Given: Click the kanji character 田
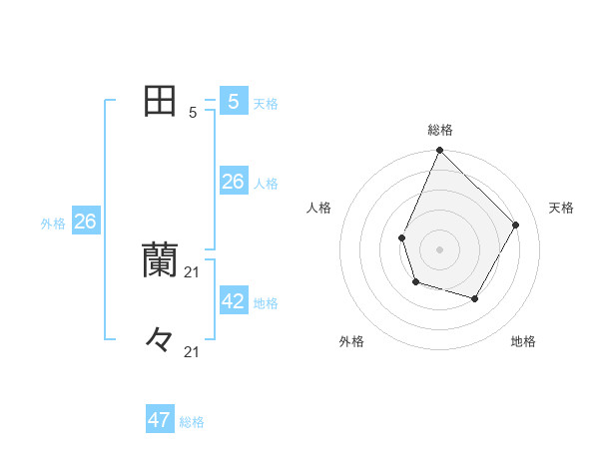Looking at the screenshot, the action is pos(160,101).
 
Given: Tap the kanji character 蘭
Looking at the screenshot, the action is pos(160,259).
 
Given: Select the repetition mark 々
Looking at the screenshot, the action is pos(160,339).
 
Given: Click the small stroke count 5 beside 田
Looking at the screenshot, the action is pos(192,113).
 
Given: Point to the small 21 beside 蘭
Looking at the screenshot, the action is pos(193,271).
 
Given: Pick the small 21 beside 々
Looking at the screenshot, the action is pos(193,351).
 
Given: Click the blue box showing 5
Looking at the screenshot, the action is pos(234,102).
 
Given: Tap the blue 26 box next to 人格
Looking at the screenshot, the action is pos(234,182).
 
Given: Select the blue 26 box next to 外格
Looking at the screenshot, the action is pos(85,222).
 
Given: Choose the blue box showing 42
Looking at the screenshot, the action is pos(234,300).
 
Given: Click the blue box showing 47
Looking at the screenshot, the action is pos(160,420).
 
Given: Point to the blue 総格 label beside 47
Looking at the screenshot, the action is pos(192,422).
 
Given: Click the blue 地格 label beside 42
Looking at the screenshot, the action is pos(266,303).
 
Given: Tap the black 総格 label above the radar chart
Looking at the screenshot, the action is pos(440,130).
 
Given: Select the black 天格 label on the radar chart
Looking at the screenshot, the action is pos(562,208).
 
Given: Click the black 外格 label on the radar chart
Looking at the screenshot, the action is pos(351,341).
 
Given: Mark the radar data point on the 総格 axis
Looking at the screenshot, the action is pos(440,151).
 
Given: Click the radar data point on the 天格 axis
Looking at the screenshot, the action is pos(516,225).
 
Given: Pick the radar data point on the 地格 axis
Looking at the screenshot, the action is pos(475,298).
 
